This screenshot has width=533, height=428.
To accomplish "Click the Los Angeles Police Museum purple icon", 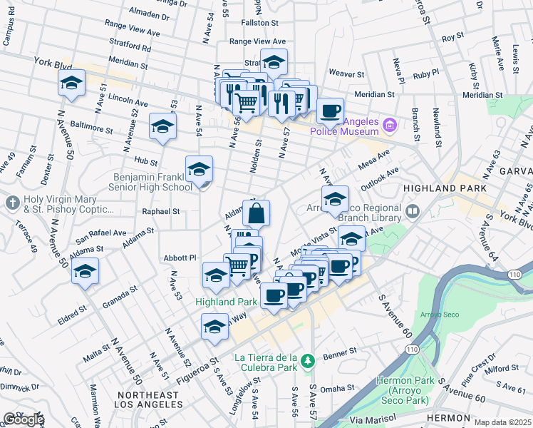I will click(x=389, y=126).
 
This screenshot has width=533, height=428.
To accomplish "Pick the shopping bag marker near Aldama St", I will click(x=256, y=213).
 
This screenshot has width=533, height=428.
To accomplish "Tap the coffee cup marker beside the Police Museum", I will click(x=330, y=111).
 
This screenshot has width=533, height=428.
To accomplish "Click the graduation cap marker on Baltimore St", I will click(x=162, y=127).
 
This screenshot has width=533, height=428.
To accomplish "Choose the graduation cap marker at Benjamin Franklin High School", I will click(x=200, y=170).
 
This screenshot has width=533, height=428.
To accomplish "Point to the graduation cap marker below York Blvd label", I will click(x=71, y=83).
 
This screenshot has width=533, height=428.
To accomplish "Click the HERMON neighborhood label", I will click(x=448, y=417).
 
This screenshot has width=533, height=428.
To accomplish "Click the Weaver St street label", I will click(x=346, y=73).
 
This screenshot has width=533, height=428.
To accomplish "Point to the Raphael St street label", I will click(x=160, y=212).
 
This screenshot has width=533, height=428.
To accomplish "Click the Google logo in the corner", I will click(x=23, y=419).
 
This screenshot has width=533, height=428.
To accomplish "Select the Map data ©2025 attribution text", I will click(x=502, y=422).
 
